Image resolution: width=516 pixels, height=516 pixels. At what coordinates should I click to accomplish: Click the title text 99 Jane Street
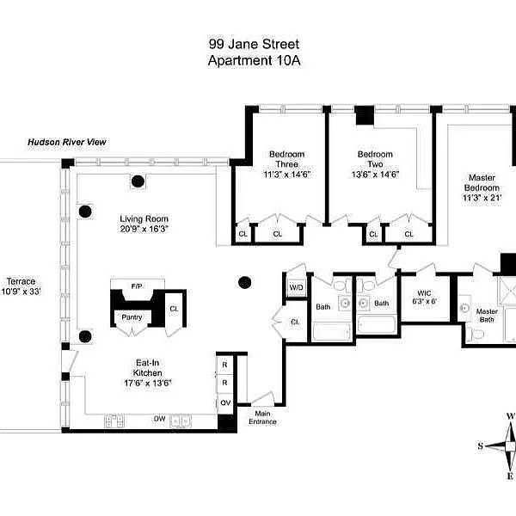(x=254, y=44)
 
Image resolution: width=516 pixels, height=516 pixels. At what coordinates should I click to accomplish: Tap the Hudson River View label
(x=67, y=142)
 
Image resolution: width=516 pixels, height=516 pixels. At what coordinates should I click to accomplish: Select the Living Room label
(x=144, y=218)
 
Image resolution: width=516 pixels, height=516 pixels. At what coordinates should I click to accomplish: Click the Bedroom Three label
(x=287, y=159)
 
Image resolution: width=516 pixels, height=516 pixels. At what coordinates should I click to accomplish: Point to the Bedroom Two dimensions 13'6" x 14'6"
(x=375, y=175)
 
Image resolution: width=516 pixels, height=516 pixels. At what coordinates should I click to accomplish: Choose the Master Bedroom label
(x=482, y=182)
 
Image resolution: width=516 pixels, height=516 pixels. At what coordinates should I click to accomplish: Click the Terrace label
(x=21, y=281)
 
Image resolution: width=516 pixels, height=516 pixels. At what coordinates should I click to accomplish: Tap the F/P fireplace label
(x=137, y=286)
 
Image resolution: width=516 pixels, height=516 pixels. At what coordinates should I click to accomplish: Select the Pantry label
(x=132, y=317)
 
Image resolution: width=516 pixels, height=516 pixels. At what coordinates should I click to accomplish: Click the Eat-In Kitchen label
(x=147, y=368)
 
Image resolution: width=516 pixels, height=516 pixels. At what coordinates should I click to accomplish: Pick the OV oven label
(x=225, y=402)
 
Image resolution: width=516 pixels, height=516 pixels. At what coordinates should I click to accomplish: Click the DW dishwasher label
(x=160, y=419)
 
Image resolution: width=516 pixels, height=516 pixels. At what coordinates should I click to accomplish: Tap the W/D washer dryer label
(x=296, y=287)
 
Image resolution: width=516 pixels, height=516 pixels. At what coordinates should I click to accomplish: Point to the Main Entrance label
(x=262, y=418)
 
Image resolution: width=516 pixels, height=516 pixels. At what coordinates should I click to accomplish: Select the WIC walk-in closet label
(x=424, y=293)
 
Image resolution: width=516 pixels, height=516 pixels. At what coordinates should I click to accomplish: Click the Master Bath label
(x=487, y=316)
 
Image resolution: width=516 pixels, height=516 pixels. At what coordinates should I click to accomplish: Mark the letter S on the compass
(x=481, y=446)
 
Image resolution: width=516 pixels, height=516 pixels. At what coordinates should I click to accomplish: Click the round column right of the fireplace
(x=244, y=282)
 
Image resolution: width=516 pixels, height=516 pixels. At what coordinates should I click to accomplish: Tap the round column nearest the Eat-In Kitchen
(x=85, y=336)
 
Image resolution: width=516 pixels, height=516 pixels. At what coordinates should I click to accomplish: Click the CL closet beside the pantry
(x=174, y=309)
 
